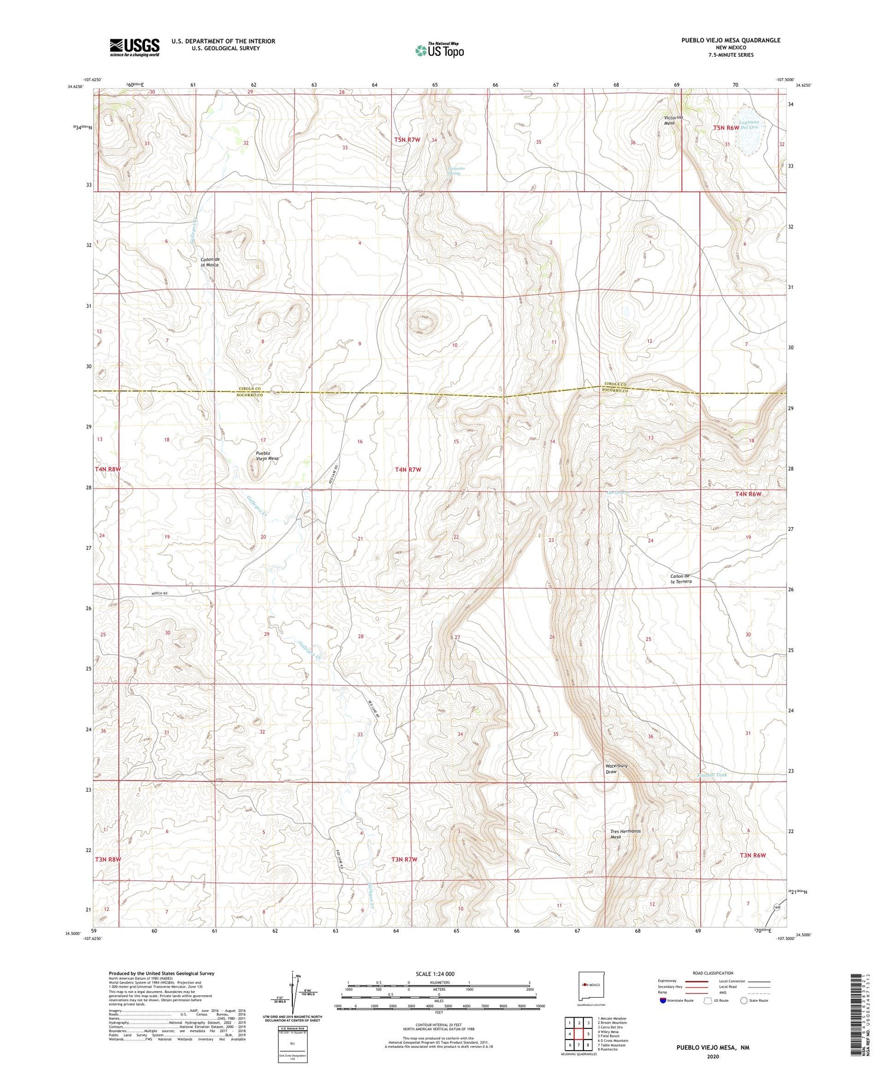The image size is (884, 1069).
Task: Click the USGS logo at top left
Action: coord(134,47)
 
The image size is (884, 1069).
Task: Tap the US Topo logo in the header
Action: coord(440,50)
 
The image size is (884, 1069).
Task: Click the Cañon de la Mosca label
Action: coord(210,262)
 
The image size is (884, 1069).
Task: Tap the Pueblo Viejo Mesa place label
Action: coord(267,455)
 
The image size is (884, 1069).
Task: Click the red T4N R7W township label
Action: coord(408,470)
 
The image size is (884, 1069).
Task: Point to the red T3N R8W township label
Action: coord(108,859)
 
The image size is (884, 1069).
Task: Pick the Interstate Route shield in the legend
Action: coord(662,1000)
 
